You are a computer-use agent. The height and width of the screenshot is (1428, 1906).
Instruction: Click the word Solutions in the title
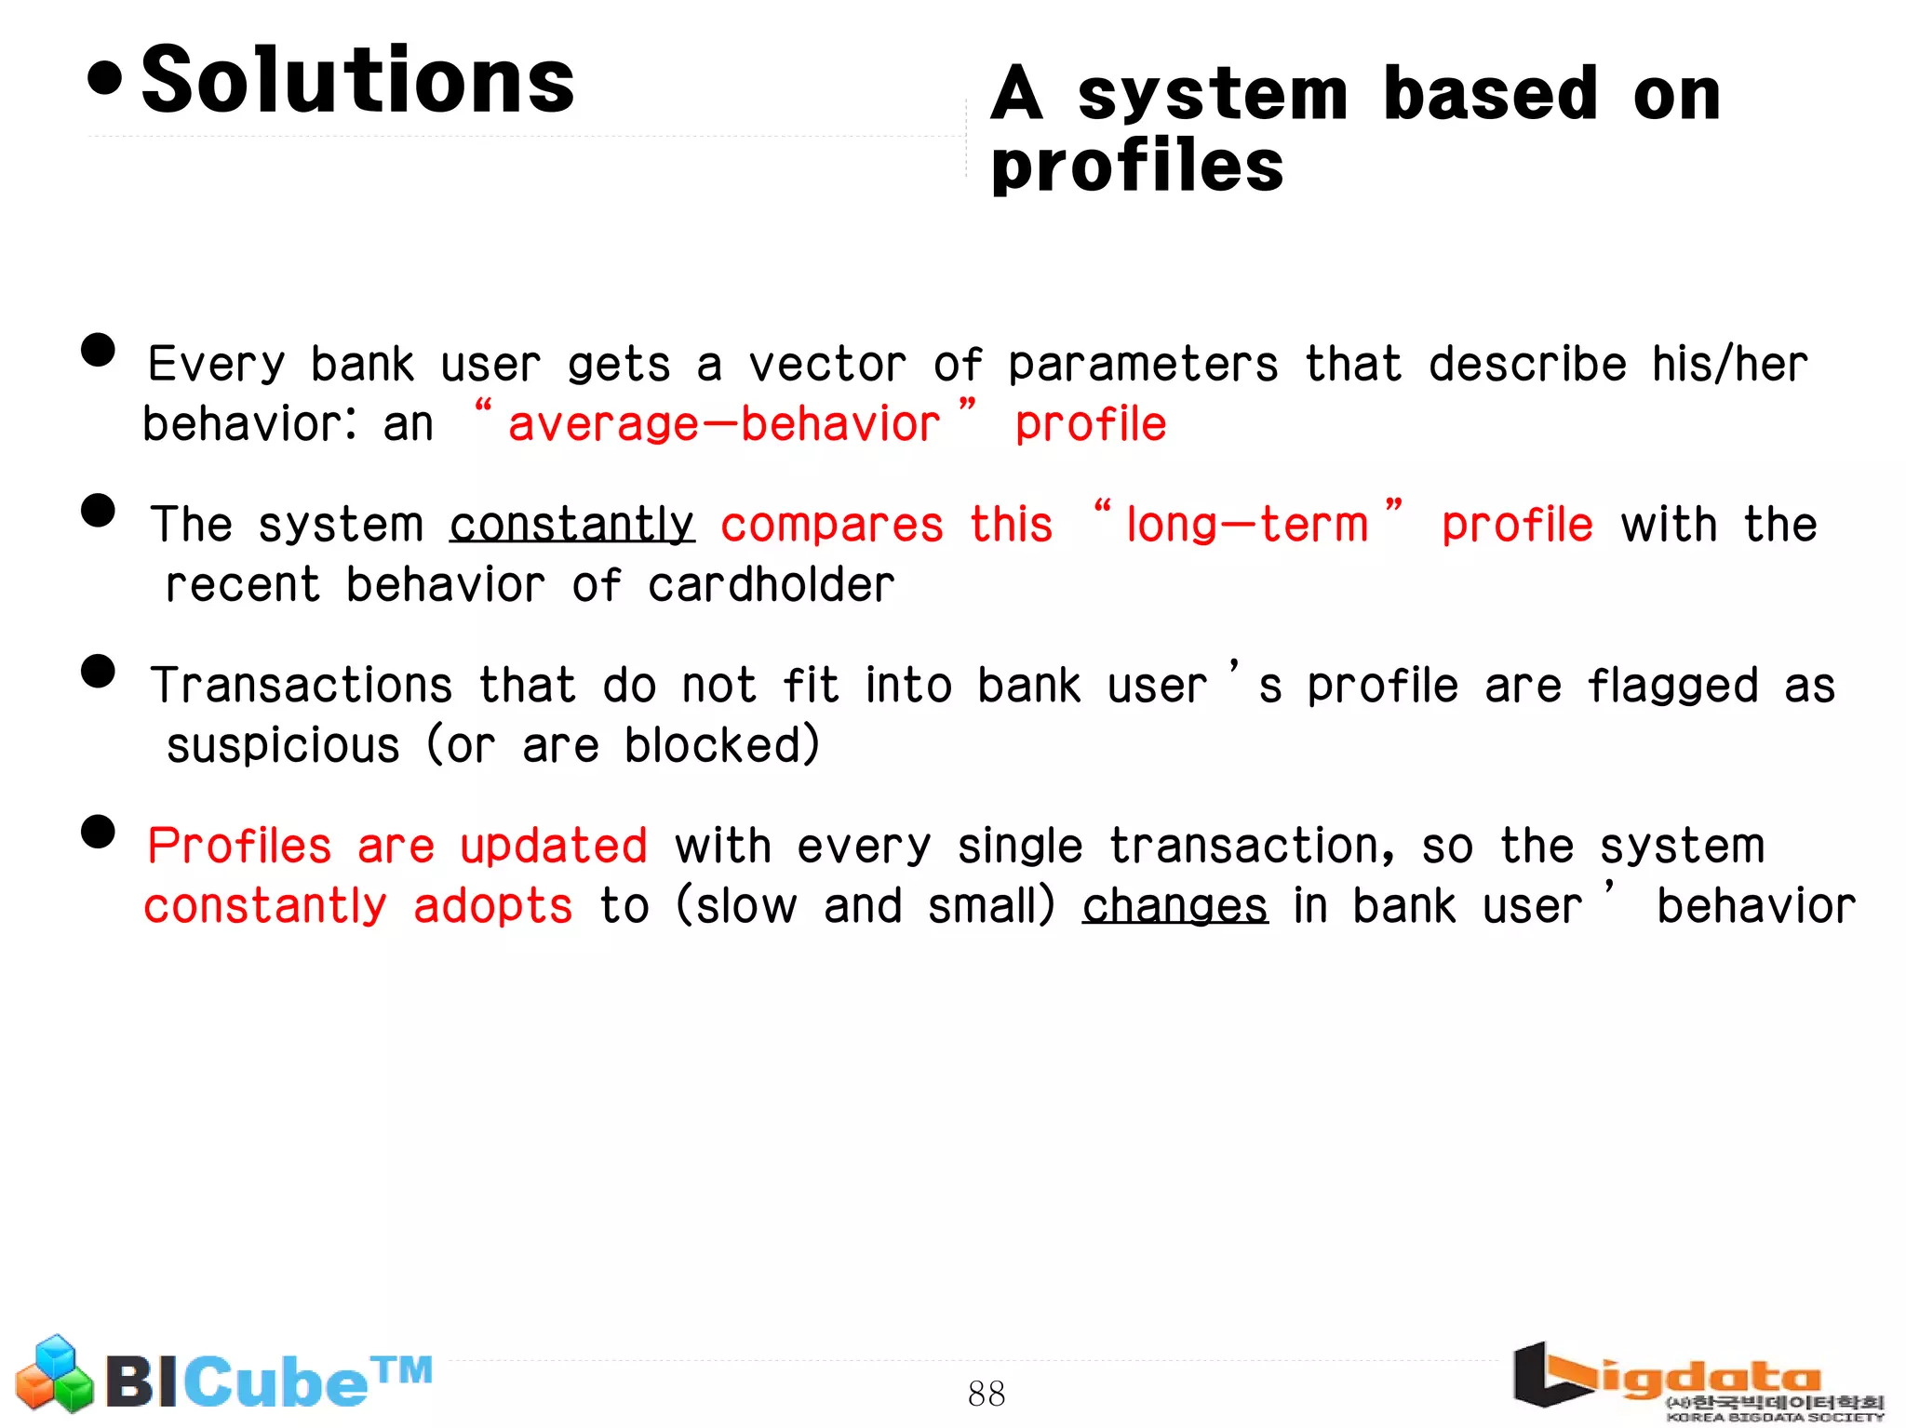(358, 81)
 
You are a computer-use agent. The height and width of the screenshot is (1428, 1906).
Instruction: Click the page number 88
(986, 1393)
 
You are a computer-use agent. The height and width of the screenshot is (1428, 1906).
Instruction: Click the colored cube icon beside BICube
(54, 1375)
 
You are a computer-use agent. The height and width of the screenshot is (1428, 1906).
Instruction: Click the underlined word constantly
(571, 525)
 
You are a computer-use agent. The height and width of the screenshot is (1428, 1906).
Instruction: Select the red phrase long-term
(1247, 525)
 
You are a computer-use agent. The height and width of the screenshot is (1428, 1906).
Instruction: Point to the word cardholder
(771, 585)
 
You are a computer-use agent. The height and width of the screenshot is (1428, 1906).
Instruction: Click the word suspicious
(283, 746)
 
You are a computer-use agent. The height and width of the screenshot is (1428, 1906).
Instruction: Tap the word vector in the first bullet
(827, 364)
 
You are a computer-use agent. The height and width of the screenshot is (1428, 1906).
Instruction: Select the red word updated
(554, 847)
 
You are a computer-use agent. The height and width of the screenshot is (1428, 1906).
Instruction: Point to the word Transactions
(302, 686)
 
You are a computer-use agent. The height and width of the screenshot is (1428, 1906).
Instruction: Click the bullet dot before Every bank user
(98, 351)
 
